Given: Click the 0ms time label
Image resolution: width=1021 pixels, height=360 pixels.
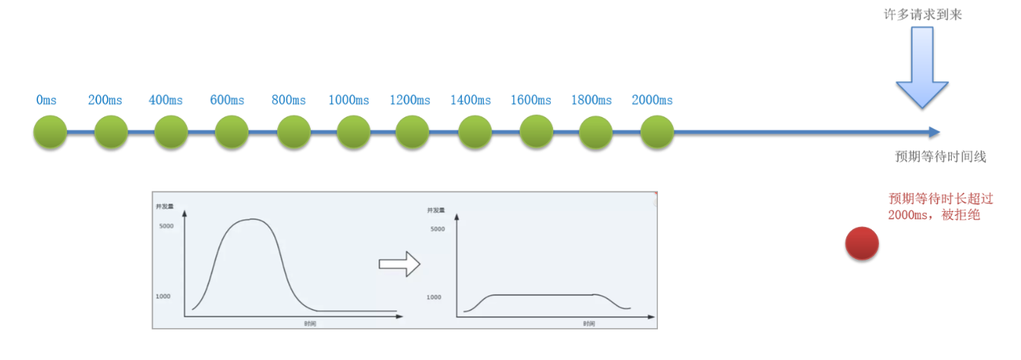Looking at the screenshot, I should pyautogui.click(x=46, y=100).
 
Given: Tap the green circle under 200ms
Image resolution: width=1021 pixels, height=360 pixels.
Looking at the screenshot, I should pyautogui.click(x=111, y=132).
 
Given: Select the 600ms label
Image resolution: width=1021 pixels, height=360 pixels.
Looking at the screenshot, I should pyautogui.click(x=227, y=100).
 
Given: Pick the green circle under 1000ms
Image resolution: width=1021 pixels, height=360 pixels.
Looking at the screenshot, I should pyautogui.click(x=353, y=132).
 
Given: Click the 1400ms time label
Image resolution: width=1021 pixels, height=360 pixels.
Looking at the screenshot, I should pyautogui.click(x=470, y=100).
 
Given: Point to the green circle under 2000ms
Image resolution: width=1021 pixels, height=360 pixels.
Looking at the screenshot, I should pyautogui.click(x=657, y=132).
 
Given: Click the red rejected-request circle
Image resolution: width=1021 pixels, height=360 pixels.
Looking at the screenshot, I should pyautogui.click(x=862, y=244).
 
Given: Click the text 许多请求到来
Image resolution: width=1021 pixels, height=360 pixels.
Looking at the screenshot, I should pyautogui.click(x=922, y=14).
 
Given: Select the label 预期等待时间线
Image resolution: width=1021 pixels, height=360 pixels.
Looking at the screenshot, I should pyautogui.click(x=940, y=156).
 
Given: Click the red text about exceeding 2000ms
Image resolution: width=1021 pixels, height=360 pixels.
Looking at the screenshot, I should pyautogui.click(x=934, y=207).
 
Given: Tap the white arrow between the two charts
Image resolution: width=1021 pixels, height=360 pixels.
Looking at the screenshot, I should pyautogui.click(x=399, y=264).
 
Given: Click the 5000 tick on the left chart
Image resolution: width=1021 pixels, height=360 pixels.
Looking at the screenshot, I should pyautogui.click(x=166, y=226).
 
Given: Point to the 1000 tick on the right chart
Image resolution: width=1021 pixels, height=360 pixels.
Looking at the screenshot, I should pyautogui.click(x=434, y=297).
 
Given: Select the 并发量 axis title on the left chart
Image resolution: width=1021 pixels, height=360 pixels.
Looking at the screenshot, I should pyautogui.click(x=165, y=207).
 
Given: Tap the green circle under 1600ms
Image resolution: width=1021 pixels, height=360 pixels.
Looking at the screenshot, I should pyautogui.click(x=536, y=132).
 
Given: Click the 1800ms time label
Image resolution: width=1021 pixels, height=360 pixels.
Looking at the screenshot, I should pyautogui.click(x=592, y=100).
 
